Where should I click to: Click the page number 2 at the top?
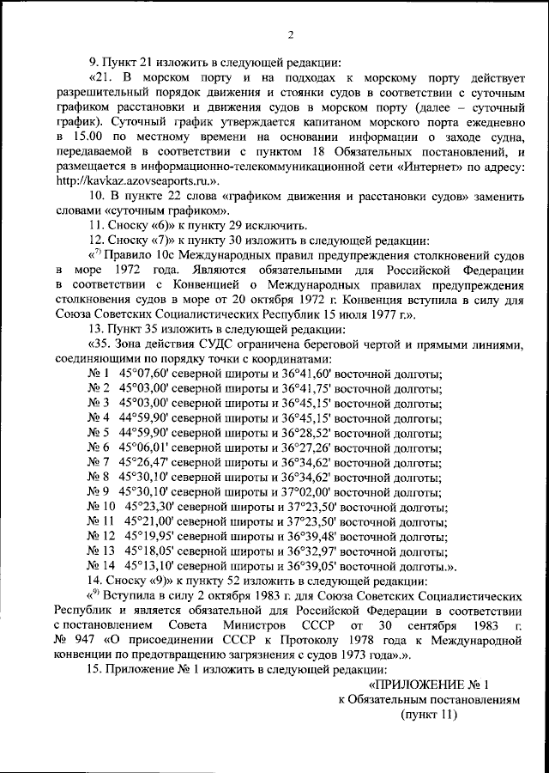[291, 34]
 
